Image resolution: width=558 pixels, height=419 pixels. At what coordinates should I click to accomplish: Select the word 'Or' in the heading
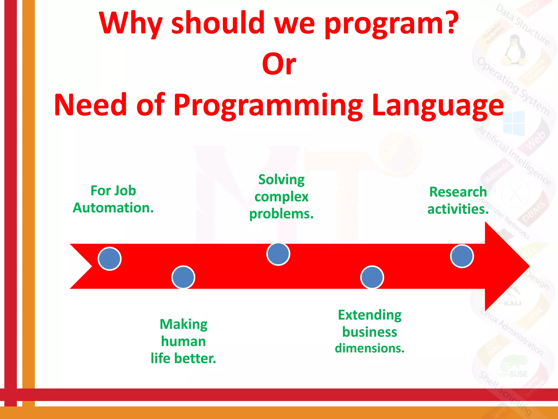tap(279, 64)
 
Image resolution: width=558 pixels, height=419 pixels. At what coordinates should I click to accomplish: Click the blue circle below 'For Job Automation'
tap(110, 259)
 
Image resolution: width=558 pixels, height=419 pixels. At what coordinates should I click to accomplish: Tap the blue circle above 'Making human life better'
tap(183, 277)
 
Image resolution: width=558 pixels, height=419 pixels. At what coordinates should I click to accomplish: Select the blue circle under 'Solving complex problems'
tap(278, 254)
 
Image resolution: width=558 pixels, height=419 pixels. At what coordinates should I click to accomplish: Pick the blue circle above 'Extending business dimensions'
tap(372, 277)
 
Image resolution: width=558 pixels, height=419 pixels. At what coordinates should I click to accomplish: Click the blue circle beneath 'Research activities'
tap(462, 256)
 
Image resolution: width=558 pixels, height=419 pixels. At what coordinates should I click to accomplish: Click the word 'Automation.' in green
tap(113, 208)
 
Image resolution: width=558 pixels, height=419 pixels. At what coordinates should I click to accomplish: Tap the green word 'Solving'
tap(281, 180)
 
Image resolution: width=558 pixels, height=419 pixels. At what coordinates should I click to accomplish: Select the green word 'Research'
tap(458, 192)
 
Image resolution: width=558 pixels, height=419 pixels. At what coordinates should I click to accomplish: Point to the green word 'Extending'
tap(370, 315)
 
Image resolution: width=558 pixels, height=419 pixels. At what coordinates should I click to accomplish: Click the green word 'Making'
tap(183, 324)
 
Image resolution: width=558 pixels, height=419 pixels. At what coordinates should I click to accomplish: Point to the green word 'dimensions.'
tap(370, 348)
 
